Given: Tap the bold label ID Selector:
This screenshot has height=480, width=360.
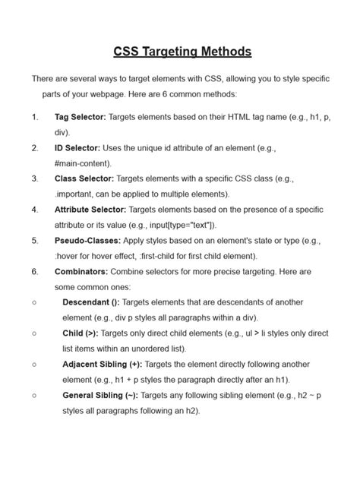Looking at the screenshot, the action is tap(79, 148).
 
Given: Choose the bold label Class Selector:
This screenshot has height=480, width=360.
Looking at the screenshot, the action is tap(84, 178).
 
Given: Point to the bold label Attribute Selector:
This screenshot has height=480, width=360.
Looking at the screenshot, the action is tap(90, 210).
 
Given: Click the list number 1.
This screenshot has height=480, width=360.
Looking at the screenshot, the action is tap(35, 117).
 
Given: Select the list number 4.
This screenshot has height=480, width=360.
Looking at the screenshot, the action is tap(35, 210).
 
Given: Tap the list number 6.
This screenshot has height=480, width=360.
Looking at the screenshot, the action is tap(35, 271).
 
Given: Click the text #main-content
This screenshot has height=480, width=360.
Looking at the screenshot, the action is tap(83, 163).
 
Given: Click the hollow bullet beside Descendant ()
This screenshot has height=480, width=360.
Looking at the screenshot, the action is tap(35, 302).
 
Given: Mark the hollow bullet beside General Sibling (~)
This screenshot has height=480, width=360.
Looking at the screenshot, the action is tap(35, 395).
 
